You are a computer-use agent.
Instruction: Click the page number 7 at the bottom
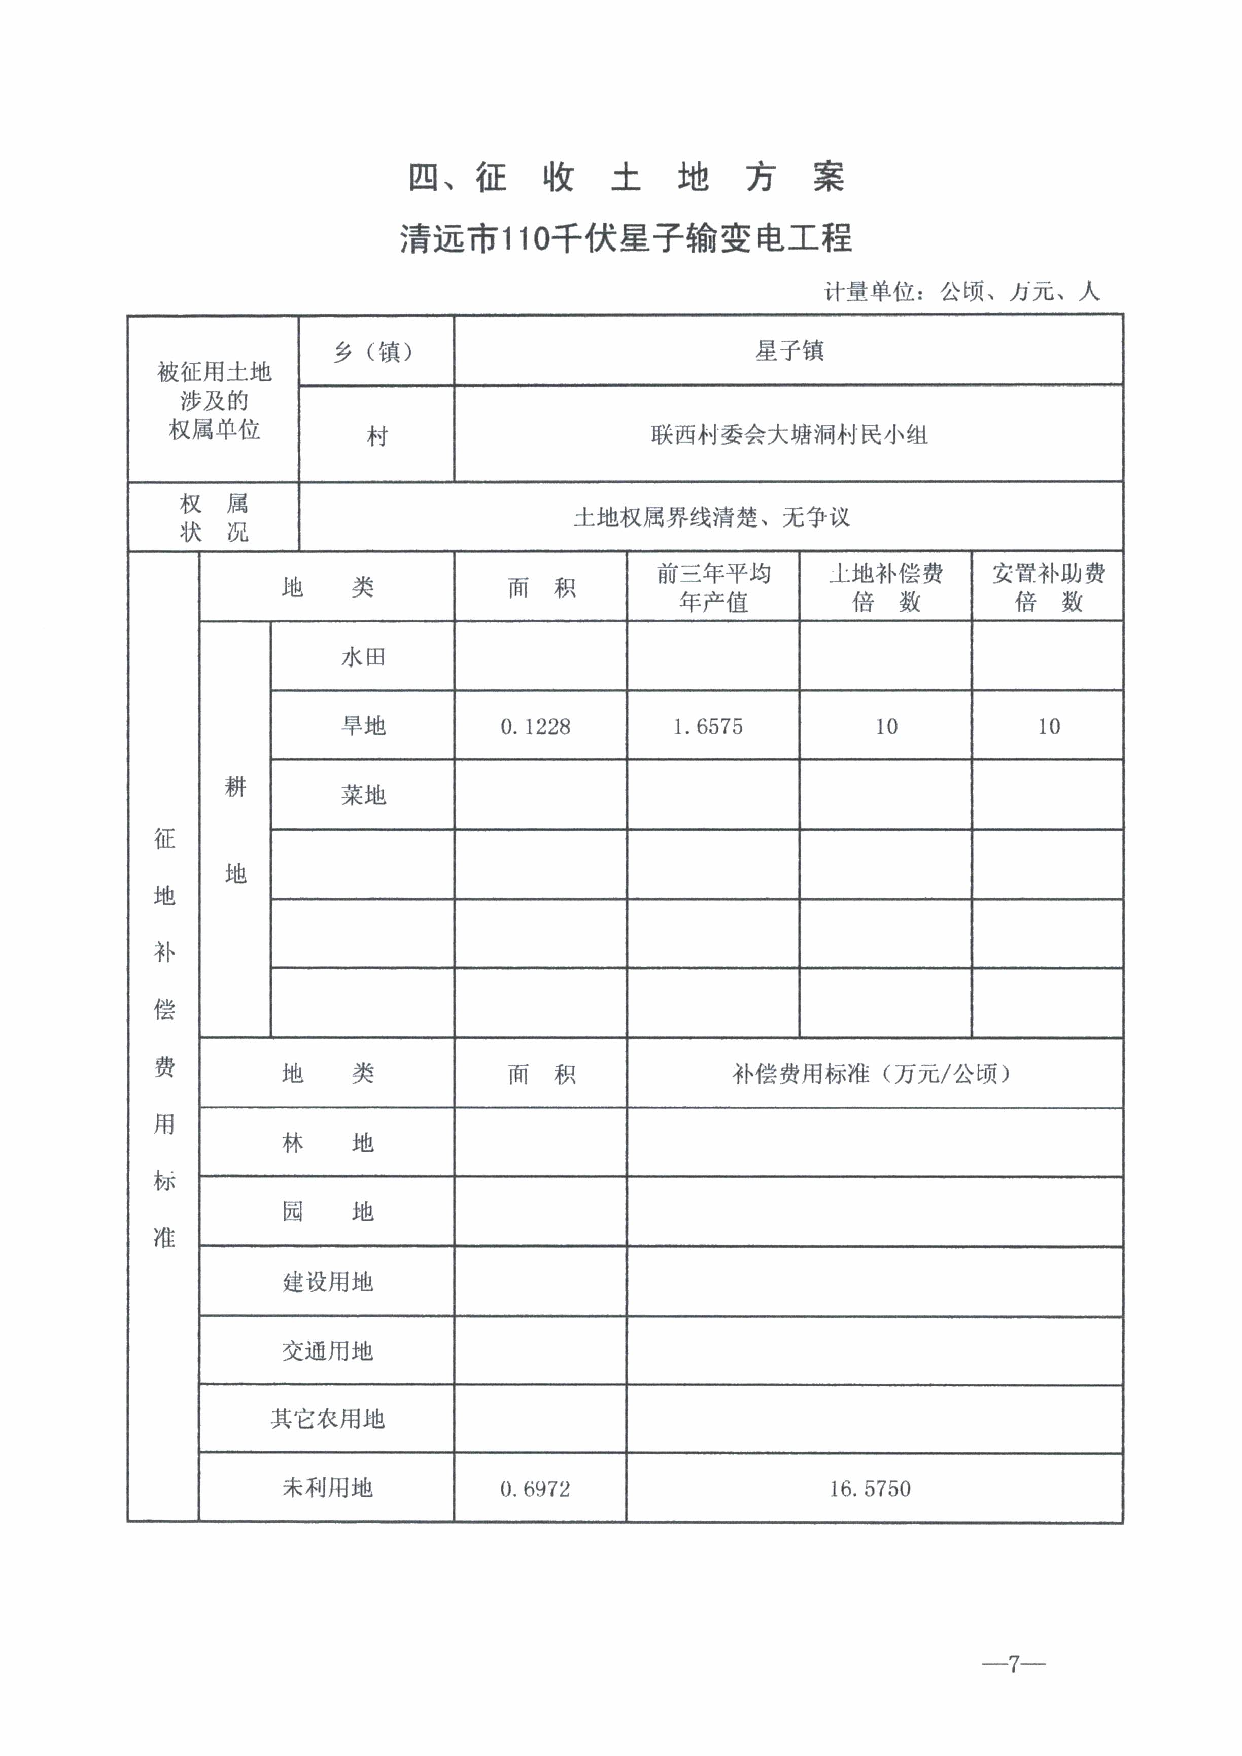coord(1013,1664)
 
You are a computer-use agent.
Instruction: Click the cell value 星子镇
coord(789,351)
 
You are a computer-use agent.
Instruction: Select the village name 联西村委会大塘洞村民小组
coord(789,435)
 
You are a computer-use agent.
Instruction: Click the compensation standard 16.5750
coord(870,1488)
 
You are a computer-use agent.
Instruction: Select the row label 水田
coord(363,657)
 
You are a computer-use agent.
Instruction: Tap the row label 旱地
coord(363,726)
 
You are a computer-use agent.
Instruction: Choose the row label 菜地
coord(363,795)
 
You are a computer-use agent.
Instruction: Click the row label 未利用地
coord(327,1488)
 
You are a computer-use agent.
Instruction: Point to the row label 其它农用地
coord(327,1419)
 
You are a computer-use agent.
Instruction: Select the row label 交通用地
coord(327,1351)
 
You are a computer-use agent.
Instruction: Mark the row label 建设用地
coord(327,1282)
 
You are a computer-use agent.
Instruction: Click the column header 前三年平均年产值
coord(713,587)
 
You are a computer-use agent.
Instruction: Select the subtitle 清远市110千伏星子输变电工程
coord(626,238)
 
